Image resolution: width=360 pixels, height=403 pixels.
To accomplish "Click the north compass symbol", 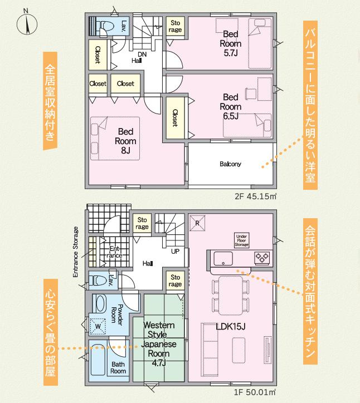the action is tap(27, 23).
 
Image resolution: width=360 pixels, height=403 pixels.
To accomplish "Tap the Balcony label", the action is tap(230, 164).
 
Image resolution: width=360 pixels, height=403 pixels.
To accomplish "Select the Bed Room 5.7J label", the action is tap(231, 43).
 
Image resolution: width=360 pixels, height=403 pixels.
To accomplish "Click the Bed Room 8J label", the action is tap(125, 141).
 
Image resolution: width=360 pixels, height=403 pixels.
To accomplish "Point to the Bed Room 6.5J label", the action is tap(231, 107).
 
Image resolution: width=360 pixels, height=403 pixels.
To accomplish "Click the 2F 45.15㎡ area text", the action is tap(255, 196).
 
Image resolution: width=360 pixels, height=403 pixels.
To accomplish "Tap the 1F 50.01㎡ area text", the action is tap(255, 392).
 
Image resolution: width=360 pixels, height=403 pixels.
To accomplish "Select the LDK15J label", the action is tap(230, 327).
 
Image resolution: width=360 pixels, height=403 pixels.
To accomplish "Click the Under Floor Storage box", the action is tap(242, 240).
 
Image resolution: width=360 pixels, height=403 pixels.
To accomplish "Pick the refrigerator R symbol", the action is tap(197, 223).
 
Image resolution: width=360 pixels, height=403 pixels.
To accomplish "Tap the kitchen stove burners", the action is tap(262, 258).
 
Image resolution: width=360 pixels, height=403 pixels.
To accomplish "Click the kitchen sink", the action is tap(223, 258).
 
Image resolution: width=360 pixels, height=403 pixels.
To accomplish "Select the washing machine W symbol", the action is tap(98, 326).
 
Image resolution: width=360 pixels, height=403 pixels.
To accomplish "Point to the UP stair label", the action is tap(175, 251).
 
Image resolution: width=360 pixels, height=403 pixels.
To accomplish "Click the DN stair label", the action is tap(142, 54).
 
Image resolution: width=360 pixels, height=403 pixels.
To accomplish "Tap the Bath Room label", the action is tap(118, 367).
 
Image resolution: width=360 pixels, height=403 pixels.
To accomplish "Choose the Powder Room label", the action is tap(116, 314).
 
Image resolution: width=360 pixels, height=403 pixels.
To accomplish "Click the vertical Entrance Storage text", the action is tap(75, 252).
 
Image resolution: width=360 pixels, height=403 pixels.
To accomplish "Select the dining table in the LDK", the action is tap(231, 296).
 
